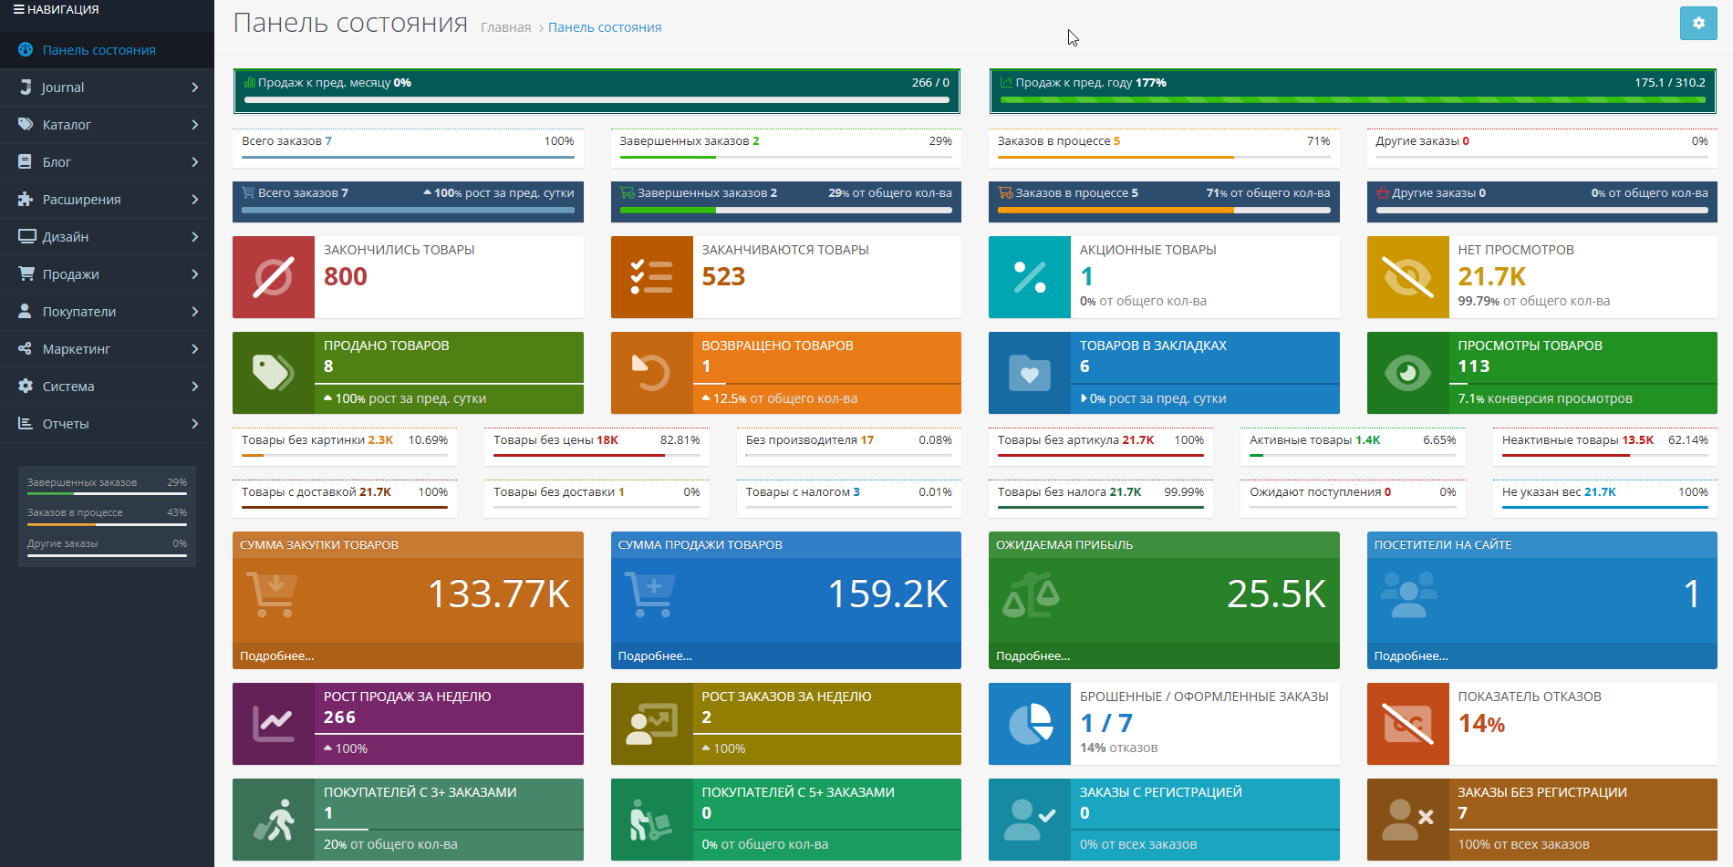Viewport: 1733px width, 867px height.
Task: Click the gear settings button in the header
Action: coord(1697,24)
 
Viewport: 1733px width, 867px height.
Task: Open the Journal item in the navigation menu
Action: coord(63,88)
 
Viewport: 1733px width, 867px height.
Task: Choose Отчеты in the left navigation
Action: coord(66,424)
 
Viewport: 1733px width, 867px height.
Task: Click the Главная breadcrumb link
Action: coord(505,27)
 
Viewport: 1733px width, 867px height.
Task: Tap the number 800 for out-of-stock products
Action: coord(346,276)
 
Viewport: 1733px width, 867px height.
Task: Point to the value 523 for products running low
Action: coord(723,276)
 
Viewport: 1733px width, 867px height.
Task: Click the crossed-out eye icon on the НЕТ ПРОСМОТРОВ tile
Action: coord(1407,277)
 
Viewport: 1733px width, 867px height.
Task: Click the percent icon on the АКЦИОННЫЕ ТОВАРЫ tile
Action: coord(1030,277)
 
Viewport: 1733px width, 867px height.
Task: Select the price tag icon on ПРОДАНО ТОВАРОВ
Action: coord(273,373)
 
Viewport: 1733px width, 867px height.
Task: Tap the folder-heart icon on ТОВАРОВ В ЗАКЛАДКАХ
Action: coord(1030,373)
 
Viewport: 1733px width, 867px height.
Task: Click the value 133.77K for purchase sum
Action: coord(499,594)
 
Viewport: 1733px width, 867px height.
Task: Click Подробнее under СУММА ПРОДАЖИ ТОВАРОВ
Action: coord(655,655)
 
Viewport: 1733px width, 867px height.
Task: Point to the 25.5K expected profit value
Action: coord(1276,594)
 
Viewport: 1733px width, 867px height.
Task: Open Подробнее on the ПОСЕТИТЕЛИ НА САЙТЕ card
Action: coord(1411,655)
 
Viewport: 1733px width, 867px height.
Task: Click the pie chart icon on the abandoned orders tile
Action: coord(1030,724)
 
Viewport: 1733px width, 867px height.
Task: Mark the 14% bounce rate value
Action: coord(1481,724)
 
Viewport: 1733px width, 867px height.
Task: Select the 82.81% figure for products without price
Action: coord(680,440)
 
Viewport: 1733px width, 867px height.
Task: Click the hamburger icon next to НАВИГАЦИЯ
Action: coord(18,9)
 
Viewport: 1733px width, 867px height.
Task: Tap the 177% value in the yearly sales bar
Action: coord(1151,83)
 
